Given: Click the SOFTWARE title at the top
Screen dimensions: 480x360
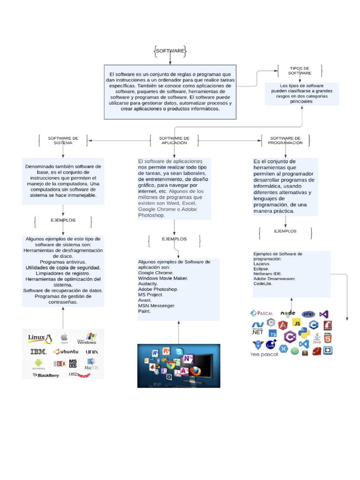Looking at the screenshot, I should [x=170, y=51].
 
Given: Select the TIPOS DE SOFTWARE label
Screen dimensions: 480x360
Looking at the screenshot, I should [x=300, y=71].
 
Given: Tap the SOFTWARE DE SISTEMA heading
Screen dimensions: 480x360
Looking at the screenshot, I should [x=63, y=141].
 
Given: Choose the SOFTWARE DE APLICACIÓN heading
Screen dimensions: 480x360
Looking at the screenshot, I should [x=174, y=141].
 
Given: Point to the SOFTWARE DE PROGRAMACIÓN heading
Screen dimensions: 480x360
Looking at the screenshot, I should [x=285, y=141].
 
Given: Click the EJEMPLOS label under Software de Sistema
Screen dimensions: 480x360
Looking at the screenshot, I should [x=63, y=220].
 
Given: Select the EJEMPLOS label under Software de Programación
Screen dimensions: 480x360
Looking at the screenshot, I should [x=285, y=231].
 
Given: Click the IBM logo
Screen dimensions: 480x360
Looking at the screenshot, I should [x=37, y=352].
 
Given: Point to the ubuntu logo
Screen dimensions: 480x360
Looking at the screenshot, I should [x=66, y=352].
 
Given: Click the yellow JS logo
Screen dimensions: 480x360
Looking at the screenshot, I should [x=296, y=322].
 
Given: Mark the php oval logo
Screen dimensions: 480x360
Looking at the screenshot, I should [x=308, y=314].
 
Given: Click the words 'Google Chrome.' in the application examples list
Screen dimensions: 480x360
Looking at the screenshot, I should [x=156, y=273].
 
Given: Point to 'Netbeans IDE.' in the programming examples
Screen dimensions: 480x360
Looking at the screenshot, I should [x=268, y=273].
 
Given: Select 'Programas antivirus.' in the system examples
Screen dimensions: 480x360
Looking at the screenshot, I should [x=63, y=262].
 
